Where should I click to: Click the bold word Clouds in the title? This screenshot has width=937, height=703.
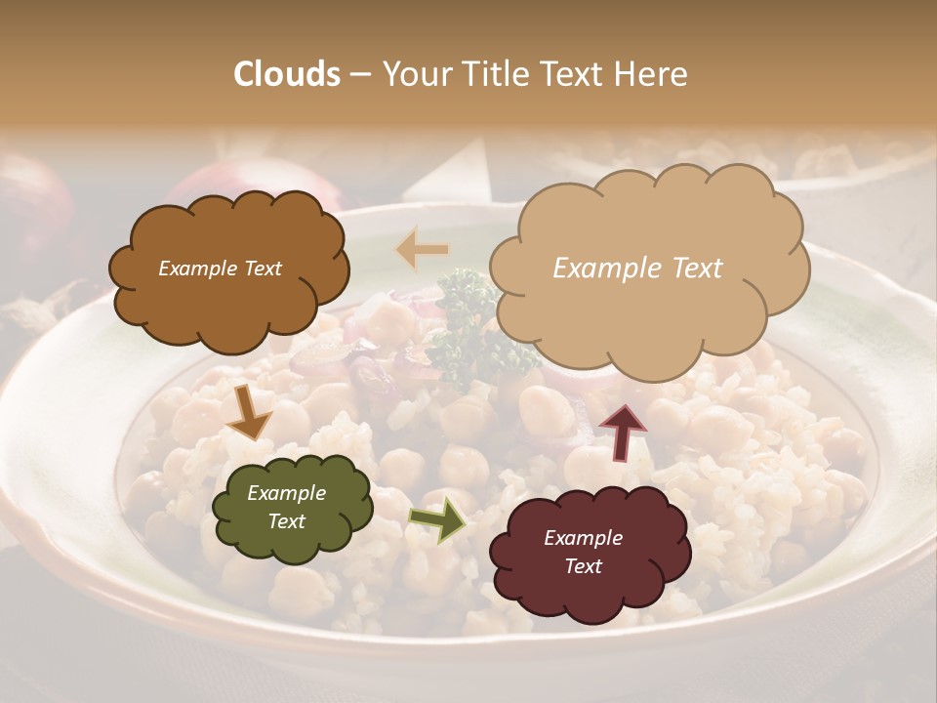pos(287,74)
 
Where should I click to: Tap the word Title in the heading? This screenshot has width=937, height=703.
pos(494,74)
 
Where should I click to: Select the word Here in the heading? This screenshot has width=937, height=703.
pos(652,74)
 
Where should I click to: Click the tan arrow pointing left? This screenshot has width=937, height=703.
pos(422,249)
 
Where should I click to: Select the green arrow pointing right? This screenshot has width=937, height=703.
pos(438,518)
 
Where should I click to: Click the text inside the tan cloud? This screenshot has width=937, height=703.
pos(637,269)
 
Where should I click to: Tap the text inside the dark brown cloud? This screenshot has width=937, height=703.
pos(220,269)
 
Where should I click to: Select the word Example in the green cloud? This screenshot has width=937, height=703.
pos(286,494)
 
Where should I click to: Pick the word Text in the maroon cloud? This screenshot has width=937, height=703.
pos(583,566)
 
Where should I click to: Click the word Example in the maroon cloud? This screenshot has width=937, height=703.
pos(583,538)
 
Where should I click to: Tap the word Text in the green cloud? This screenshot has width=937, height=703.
pos(286,521)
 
